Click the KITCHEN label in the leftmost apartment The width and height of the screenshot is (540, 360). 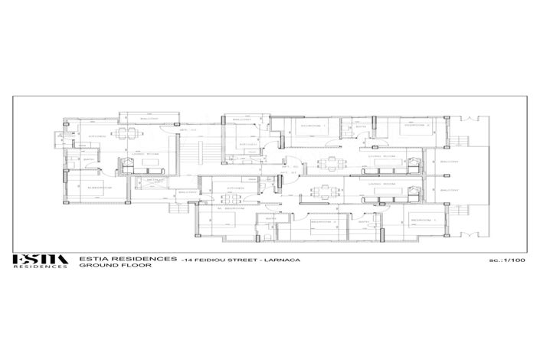[x=97, y=136]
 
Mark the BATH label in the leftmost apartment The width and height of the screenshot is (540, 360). [x=89, y=160]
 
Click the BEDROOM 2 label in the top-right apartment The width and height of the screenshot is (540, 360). [x=416, y=125]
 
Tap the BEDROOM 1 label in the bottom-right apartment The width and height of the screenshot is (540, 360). [x=424, y=220]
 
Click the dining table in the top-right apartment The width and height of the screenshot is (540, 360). [x=331, y=162]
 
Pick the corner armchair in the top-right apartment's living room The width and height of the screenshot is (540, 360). [x=414, y=162]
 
